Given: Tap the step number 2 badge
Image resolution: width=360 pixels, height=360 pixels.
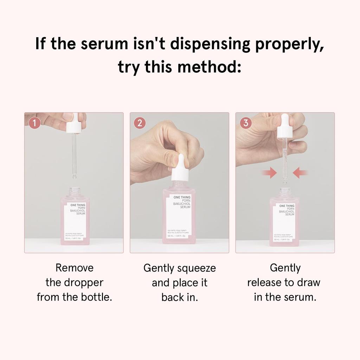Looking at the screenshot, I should coord(140,123).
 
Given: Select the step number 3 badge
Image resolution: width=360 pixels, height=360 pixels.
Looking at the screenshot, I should coord(246,123).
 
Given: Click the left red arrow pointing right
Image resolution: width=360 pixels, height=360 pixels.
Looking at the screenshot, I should coord(269,172).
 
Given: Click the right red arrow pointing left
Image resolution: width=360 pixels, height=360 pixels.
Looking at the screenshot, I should coord(300,172).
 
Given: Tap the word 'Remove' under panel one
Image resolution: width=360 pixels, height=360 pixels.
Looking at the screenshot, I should coord(75,268).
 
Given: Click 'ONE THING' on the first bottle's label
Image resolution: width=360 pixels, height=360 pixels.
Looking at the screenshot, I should coord(78,205).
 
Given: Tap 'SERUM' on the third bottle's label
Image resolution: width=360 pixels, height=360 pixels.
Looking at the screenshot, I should coord(290,214).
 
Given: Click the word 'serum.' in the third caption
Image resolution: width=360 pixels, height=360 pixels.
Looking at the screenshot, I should coord(300,297).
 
